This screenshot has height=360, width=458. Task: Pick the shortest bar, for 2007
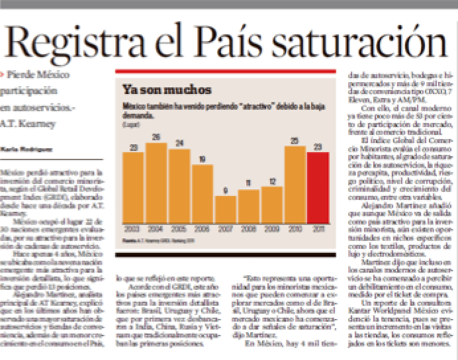[226, 209]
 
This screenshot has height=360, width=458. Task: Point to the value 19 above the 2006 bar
[203, 158]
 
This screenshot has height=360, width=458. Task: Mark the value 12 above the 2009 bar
[272, 181]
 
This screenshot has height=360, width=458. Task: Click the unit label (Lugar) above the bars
[128, 123]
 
